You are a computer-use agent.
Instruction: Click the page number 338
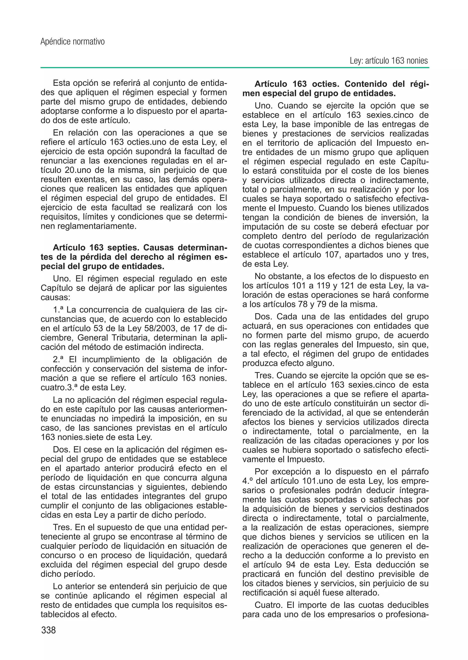48,630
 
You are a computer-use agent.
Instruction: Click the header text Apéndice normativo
72,42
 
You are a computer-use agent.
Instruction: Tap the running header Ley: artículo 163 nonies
389,61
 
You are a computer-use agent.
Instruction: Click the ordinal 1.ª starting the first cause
58,310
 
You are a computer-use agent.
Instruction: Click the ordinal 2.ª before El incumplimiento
58,359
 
